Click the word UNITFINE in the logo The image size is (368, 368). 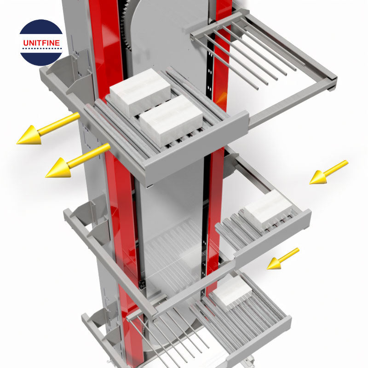point(41,44)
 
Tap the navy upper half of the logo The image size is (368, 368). point(41,29)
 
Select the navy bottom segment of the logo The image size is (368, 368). point(41,57)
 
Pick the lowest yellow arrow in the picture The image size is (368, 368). point(282,259)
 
